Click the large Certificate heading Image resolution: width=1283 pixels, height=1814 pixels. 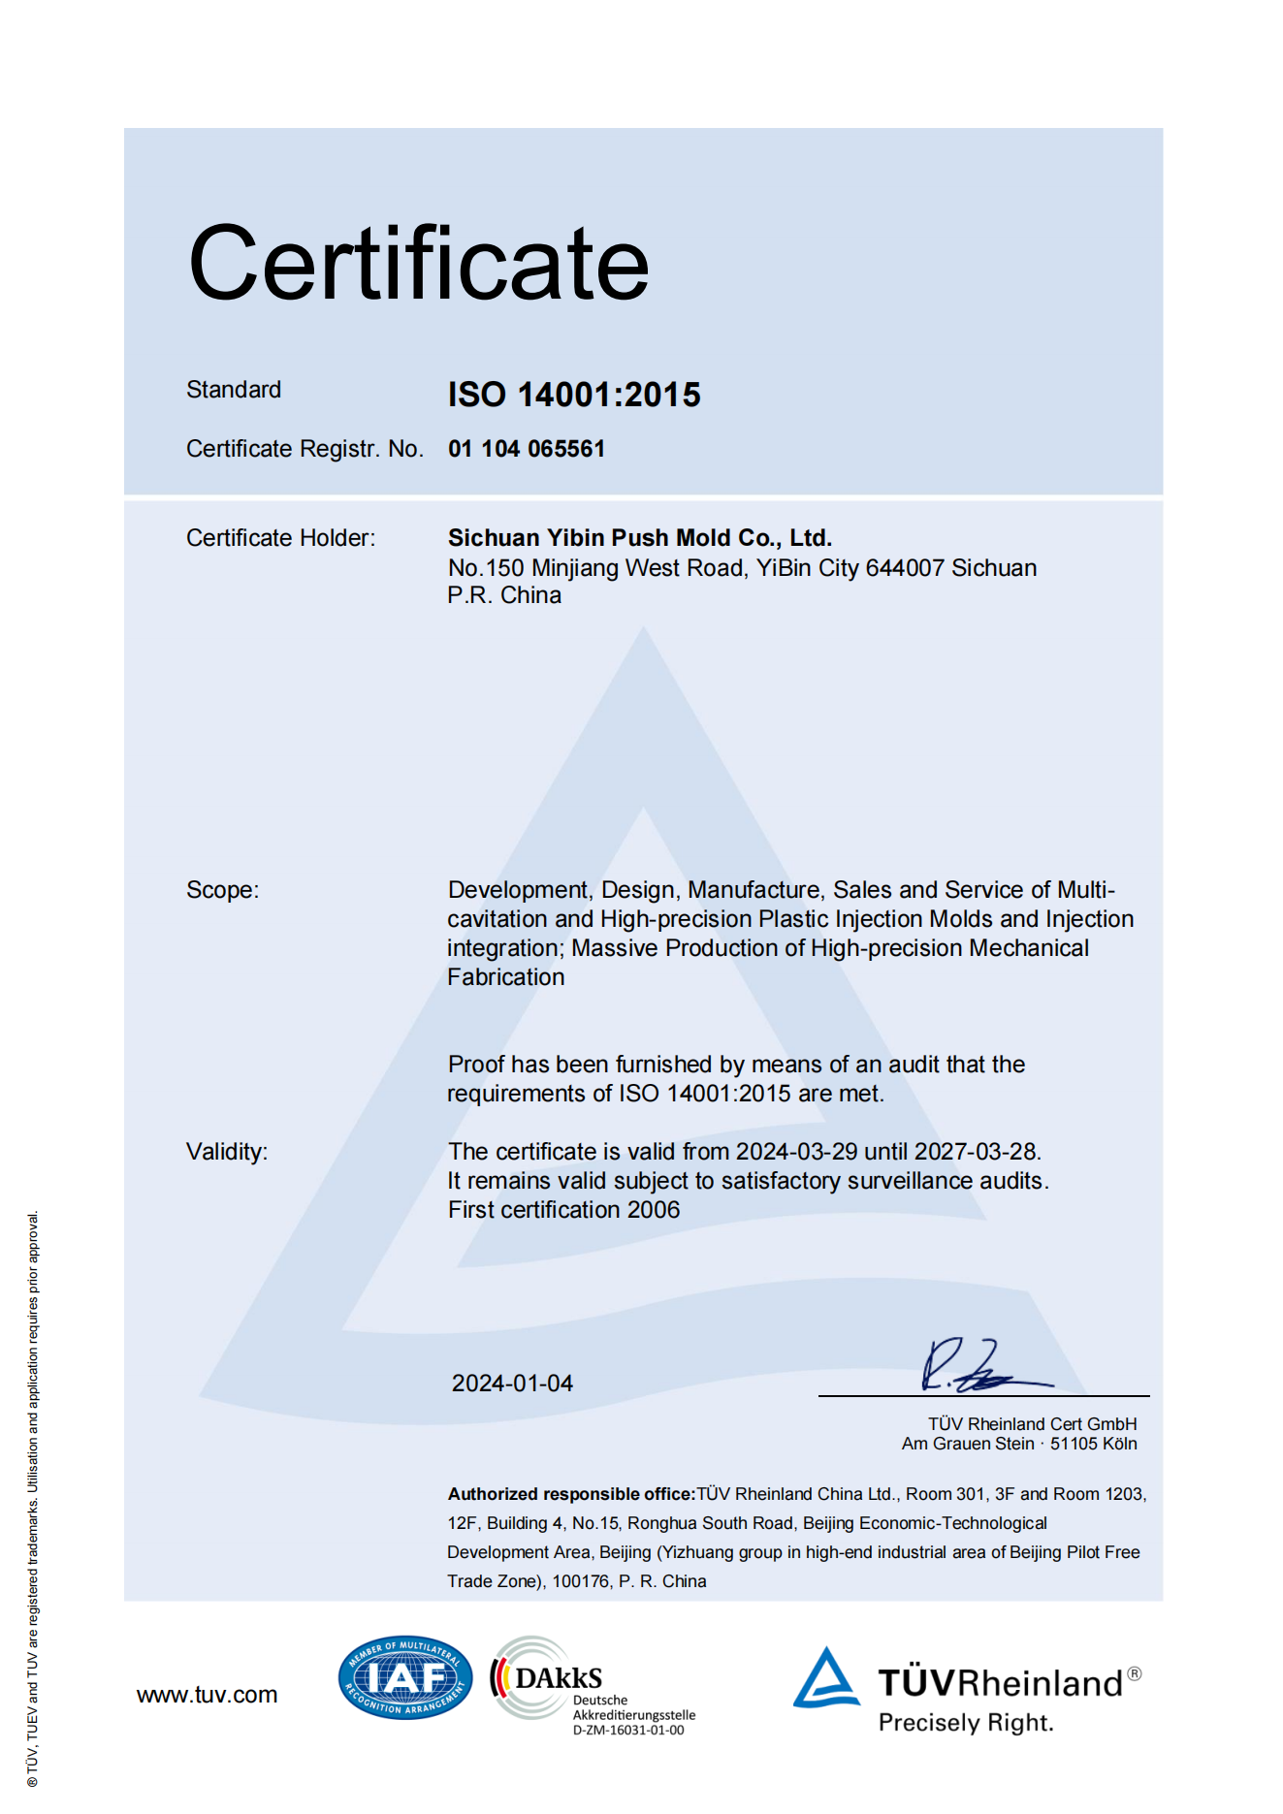(418, 264)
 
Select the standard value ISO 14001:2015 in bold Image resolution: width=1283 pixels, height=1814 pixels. (574, 395)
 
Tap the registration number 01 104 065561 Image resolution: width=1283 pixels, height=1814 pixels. (527, 449)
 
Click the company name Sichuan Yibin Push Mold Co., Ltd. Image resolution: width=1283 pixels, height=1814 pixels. (640, 538)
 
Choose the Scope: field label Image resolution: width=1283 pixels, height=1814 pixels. (223, 890)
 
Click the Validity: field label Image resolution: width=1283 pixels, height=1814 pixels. (227, 1152)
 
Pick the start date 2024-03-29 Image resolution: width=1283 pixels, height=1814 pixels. (797, 1152)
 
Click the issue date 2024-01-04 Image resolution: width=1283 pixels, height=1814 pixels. (512, 1384)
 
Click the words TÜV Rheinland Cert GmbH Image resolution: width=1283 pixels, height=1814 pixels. (1032, 1424)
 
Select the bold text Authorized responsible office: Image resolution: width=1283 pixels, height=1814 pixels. (571, 1494)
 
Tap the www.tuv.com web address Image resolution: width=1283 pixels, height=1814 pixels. (207, 1695)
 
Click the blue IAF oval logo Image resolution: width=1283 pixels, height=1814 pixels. (405, 1677)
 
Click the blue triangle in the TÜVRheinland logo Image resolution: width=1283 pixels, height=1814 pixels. (825, 1679)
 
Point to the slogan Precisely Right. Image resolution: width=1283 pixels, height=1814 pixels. (966, 1723)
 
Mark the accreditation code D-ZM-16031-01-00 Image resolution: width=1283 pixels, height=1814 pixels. (628, 1731)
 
